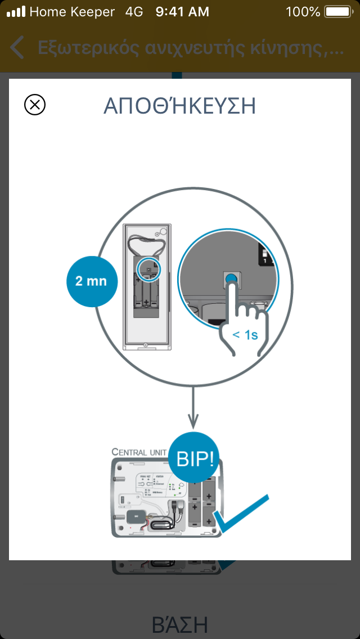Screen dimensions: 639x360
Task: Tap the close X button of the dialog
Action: point(35,105)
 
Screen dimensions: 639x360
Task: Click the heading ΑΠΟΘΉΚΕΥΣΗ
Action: point(180,106)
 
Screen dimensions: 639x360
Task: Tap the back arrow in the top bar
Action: point(17,48)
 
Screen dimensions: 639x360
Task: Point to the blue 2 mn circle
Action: point(91,281)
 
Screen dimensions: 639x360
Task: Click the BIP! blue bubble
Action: point(195,458)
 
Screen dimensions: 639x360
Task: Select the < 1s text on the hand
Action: point(245,335)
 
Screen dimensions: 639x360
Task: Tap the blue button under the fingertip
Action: point(230,278)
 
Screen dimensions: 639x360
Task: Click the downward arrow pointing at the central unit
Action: point(193,411)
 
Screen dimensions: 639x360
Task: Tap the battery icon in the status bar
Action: point(337,11)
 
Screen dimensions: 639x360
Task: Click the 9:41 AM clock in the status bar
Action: point(182,11)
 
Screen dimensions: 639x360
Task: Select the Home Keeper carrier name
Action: point(72,11)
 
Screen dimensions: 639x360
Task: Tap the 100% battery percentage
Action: point(303,11)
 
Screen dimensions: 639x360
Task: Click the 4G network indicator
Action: point(135,11)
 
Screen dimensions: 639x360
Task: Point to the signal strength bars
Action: point(16,11)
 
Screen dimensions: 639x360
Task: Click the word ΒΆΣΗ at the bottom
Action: point(180,624)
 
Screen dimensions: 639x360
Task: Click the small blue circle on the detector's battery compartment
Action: point(148,268)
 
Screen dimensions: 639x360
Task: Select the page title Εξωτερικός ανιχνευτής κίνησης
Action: point(190,48)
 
